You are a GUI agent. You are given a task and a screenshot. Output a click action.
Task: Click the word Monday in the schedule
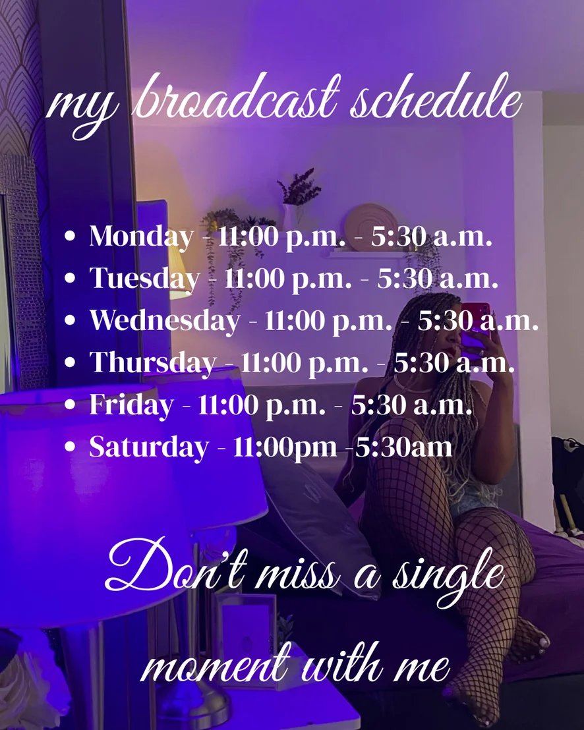(141, 237)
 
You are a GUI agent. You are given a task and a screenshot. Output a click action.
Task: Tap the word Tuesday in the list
(144, 279)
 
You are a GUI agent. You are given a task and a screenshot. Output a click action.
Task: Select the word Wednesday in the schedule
(165, 320)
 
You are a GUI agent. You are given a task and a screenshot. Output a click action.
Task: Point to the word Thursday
(153, 362)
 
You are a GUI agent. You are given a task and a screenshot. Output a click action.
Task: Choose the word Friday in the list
(131, 405)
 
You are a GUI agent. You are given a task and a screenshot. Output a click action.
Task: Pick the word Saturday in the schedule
(148, 447)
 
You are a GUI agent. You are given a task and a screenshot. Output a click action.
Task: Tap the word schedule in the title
(436, 99)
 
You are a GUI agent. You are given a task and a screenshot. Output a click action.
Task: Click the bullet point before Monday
(70, 236)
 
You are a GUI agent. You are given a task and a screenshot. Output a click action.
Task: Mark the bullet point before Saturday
(70, 447)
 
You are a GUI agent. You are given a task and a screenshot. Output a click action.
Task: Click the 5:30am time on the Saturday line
(403, 447)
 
